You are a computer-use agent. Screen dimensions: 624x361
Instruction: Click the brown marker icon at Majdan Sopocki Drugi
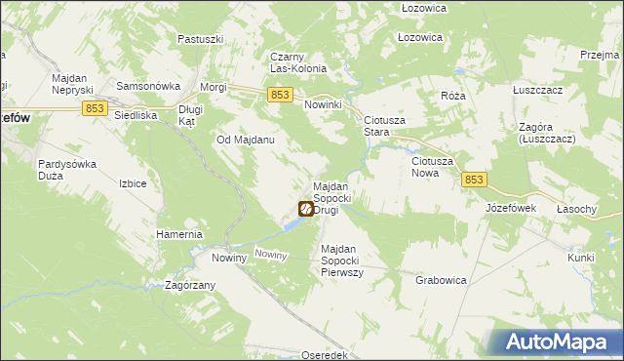[x=305, y=209]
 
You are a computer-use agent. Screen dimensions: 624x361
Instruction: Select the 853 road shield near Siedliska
[x=95, y=108]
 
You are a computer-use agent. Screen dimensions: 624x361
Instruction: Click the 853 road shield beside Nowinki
[x=280, y=94]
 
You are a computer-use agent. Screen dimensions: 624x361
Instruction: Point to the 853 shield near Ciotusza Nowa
[x=474, y=180]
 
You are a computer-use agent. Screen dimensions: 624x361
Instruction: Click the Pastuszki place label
[x=201, y=39]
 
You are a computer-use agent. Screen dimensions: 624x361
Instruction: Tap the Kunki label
[x=581, y=258]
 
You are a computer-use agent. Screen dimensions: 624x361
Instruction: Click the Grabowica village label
[x=441, y=280]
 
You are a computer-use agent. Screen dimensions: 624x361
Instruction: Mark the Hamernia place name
[x=178, y=235]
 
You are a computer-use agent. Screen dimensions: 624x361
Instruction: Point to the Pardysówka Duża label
[x=66, y=171]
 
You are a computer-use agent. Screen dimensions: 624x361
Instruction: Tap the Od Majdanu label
[x=245, y=140]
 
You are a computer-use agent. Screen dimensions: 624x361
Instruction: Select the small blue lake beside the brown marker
[x=291, y=225]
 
